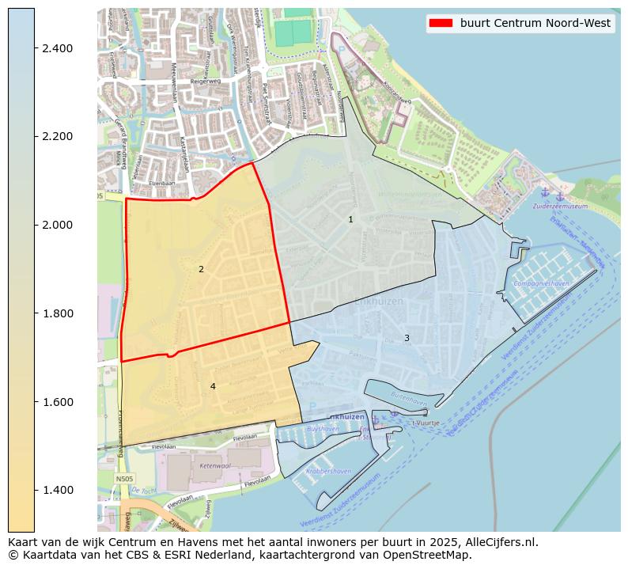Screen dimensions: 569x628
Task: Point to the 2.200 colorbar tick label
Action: click(x=56, y=137)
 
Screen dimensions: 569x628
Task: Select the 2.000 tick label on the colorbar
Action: click(x=56, y=225)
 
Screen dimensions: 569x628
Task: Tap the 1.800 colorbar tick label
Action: click(x=56, y=313)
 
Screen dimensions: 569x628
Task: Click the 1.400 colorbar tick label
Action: click(x=56, y=490)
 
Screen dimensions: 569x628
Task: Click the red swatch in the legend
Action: click(x=441, y=23)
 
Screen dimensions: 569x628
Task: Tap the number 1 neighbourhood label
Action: click(x=350, y=219)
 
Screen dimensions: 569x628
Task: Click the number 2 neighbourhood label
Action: click(x=201, y=269)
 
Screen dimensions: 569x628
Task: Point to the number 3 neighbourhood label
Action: click(x=407, y=338)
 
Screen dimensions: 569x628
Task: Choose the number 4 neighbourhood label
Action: click(x=213, y=386)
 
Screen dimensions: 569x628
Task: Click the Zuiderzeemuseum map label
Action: click(x=560, y=206)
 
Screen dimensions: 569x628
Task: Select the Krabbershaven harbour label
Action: click(x=329, y=471)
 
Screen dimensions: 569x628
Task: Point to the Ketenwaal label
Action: click(x=214, y=466)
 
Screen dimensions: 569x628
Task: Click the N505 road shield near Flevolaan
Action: click(x=124, y=478)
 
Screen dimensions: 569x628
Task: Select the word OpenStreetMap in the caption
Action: click(x=432, y=555)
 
